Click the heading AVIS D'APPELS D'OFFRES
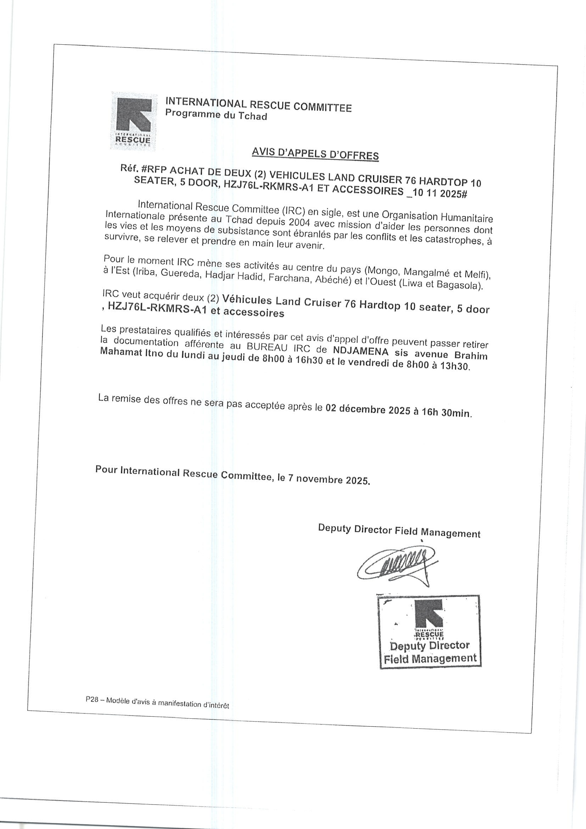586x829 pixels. [x=315, y=154]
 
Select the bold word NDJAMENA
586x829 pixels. [x=361, y=351]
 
